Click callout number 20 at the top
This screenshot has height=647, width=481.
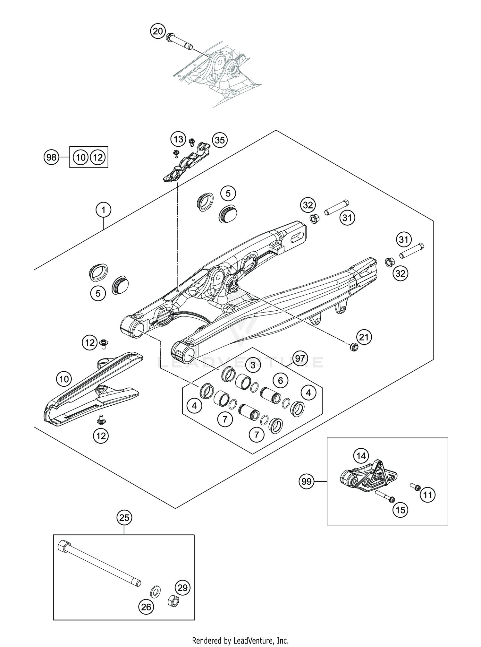[157, 31]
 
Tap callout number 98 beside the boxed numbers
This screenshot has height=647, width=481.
[51, 157]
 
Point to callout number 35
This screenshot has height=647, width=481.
[220, 140]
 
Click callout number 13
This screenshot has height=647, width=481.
[178, 139]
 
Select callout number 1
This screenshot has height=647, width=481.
[103, 210]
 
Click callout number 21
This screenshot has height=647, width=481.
[364, 337]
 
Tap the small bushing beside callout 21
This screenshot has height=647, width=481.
[353, 347]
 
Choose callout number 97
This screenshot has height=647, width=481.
[300, 358]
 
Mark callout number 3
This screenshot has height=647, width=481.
[253, 365]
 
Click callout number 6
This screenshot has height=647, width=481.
[281, 380]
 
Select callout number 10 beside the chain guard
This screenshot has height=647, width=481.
[64, 379]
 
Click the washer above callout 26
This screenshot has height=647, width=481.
[156, 591]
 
